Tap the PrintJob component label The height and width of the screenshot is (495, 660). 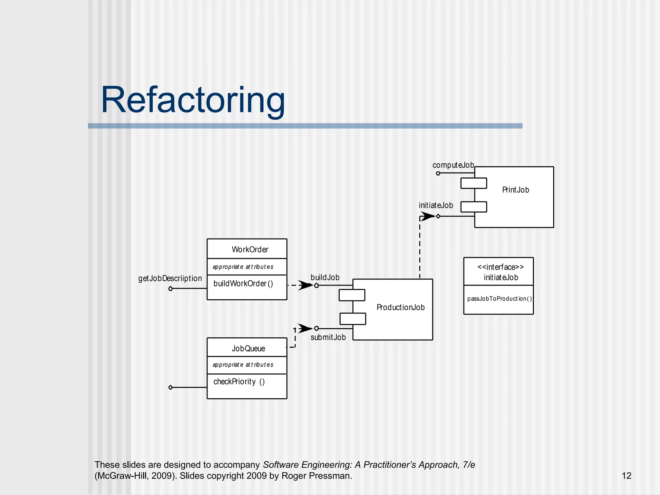[515, 190]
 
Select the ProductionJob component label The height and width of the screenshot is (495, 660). [400, 307]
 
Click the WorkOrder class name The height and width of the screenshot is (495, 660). [250, 249]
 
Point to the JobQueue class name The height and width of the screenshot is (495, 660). [248, 348]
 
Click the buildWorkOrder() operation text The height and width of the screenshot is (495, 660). [243, 284]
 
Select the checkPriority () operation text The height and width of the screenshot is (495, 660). [239, 382]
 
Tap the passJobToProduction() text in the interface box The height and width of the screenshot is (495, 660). [499, 299]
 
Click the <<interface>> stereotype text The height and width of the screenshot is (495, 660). [500, 267]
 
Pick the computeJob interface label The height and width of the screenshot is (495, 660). [453, 165]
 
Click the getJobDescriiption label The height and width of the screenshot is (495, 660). [170, 278]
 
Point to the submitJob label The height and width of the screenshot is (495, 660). [328, 337]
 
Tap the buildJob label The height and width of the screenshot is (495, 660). [325, 277]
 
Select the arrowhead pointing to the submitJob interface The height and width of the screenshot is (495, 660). [304, 328]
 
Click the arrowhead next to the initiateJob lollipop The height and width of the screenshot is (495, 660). [427, 216]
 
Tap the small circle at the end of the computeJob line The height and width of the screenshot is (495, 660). [438, 173]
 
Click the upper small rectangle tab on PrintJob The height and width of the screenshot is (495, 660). [473, 183]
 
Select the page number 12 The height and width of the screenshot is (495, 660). [626, 476]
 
